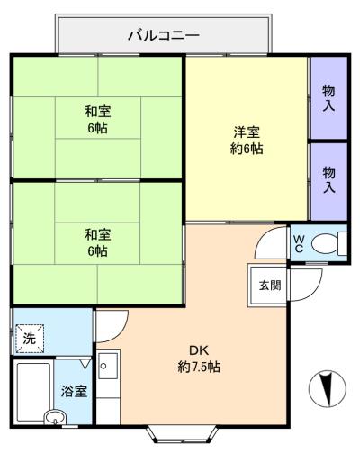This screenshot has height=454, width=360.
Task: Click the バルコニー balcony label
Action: [163, 36]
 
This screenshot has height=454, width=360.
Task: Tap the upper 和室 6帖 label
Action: [99, 119]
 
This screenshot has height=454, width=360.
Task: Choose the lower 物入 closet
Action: [329, 179]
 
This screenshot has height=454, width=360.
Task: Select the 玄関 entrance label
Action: [268, 286]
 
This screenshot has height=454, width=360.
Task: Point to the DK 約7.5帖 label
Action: [199, 358]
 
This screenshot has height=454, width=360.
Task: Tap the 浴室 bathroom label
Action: [74, 392]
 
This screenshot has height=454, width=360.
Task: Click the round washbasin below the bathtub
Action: [55, 417]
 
